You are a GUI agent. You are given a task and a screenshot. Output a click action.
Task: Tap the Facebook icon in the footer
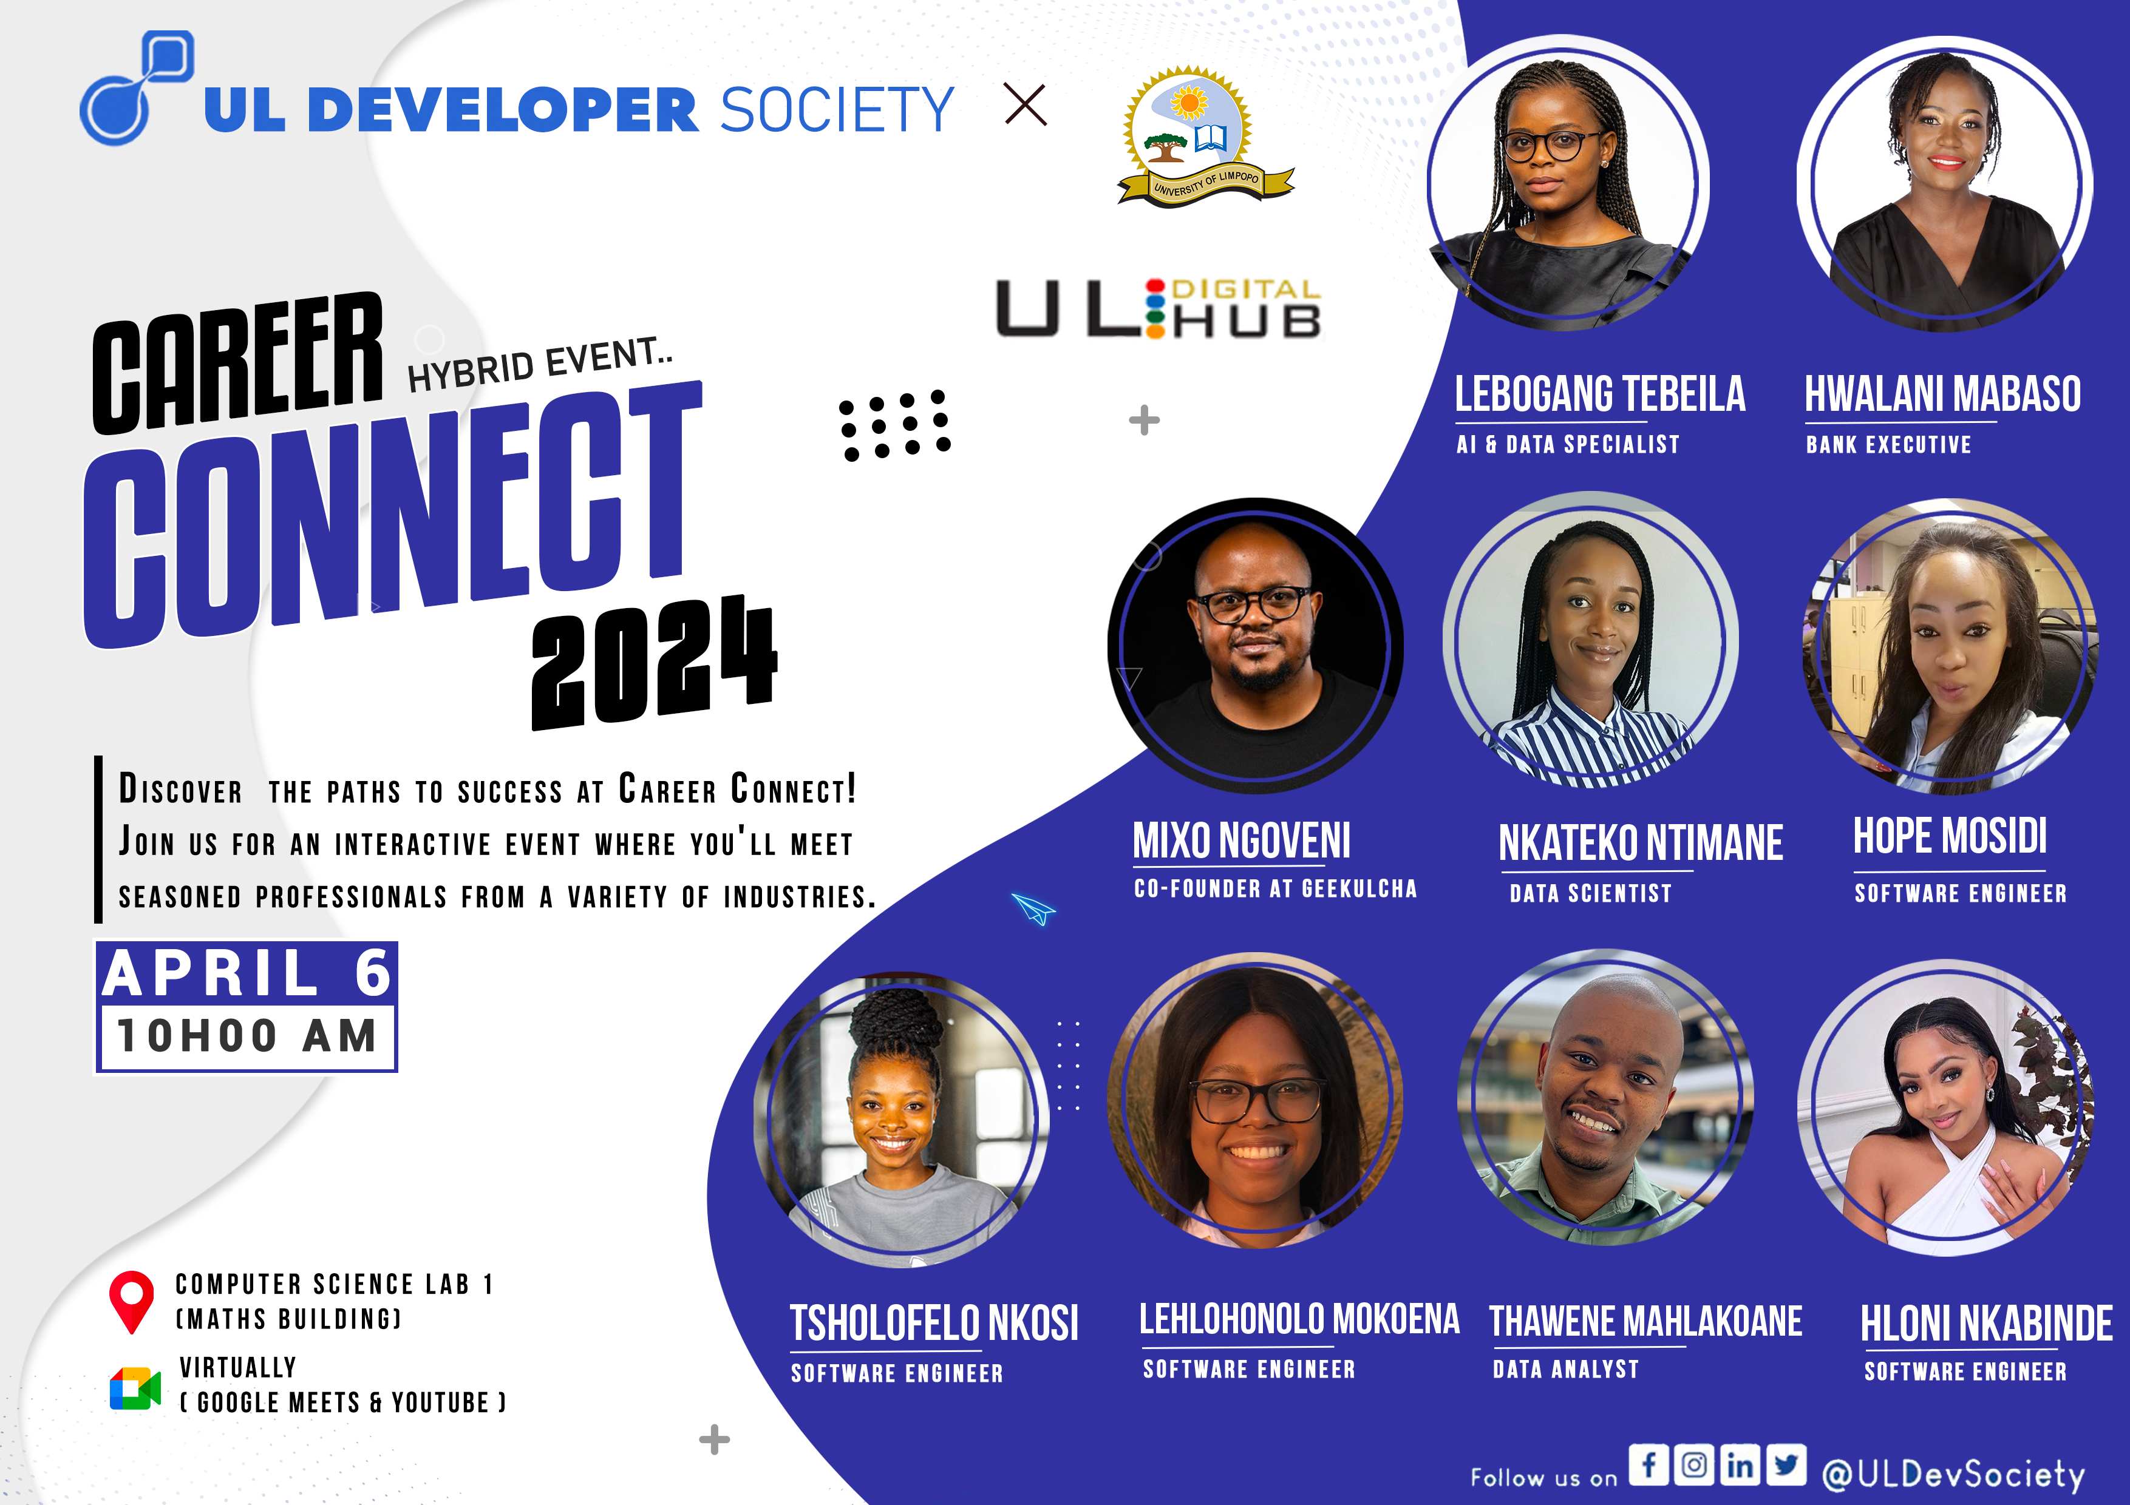[x=1649, y=1464]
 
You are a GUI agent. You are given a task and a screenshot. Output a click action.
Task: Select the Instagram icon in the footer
[x=1694, y=1464]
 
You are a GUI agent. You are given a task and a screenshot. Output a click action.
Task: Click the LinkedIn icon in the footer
[x=1740, y=1464]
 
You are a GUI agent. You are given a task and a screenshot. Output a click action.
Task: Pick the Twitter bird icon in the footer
[x=1786, y=1464]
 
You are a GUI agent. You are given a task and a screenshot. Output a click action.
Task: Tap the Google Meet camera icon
[x=135, y=1388]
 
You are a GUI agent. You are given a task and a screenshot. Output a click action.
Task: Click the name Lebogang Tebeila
[x=1599, y=394]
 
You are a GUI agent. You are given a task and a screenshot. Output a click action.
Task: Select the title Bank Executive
[x=1888, y=445]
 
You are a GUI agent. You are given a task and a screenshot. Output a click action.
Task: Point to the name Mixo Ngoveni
[x=1241, y=841]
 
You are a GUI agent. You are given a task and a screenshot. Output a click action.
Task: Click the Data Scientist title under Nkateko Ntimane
[x=1590, y=894]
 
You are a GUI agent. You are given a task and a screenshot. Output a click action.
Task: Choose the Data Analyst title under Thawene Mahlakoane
[x=1566, y=1370]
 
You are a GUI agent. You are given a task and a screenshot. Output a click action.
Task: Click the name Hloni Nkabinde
[x=1986, y=1324]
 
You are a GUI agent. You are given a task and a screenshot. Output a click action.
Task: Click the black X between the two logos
[x=1025, y=105]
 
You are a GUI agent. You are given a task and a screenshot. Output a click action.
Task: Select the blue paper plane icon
[x=1033, y=908]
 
